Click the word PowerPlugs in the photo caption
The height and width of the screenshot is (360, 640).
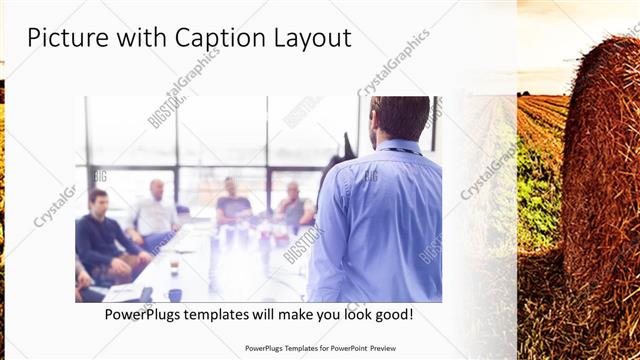pos(145,315)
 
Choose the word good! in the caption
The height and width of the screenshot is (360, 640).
pos(391,315)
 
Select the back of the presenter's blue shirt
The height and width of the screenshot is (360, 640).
pos(380,220)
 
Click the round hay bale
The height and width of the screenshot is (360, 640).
pos(600,170)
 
